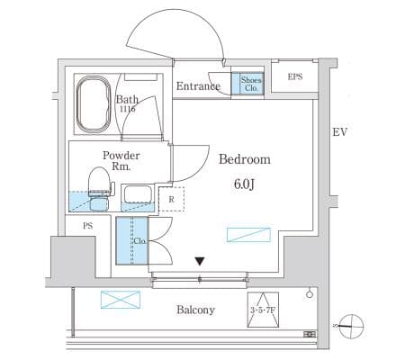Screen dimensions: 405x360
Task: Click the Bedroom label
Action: click(245, 159)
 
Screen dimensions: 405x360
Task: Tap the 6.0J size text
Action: click(244, 184)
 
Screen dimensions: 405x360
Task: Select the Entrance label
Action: click(198, 86)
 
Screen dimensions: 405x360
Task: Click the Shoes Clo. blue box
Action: click(247, 83)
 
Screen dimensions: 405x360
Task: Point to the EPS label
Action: click(295, 76)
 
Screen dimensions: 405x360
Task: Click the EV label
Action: click(340, 132)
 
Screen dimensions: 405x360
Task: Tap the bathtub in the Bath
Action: click(94, 103)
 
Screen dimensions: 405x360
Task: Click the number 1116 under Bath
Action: click(128, 109)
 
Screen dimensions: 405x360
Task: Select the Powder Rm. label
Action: click(121, 161)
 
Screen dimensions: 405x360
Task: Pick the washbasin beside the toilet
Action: click(138, 195)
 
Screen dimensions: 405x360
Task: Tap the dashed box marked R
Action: click(171, 199)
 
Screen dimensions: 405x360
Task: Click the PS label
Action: click(88, 226)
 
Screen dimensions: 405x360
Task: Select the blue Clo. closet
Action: click(132, 240)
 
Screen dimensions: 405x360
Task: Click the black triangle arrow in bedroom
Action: click(200, 261)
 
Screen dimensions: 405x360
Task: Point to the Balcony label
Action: click(195, 310)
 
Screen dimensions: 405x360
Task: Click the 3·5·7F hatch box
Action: click(263, 310)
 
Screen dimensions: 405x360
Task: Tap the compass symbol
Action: click(351, 327)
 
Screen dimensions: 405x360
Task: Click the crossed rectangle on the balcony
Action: click(121, 300)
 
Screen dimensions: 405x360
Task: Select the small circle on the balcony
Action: click(310, 294)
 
